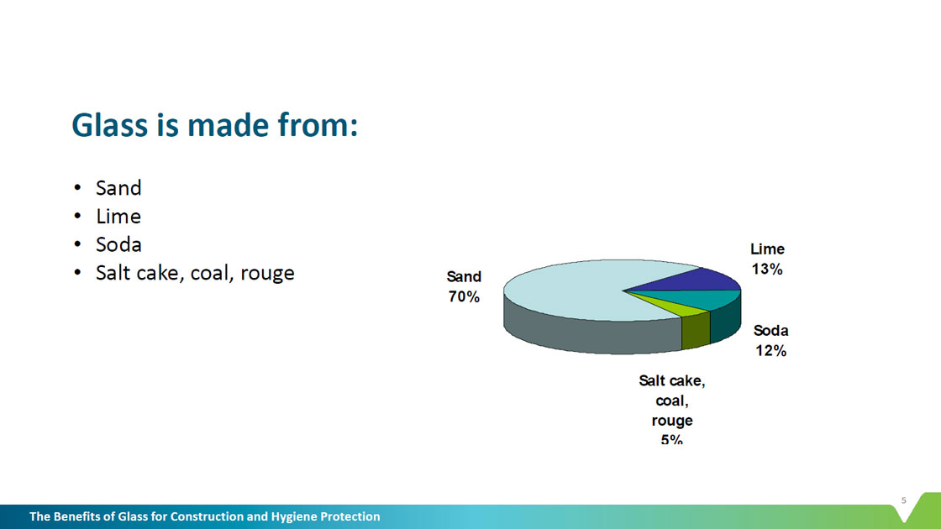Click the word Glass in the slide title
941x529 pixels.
110,125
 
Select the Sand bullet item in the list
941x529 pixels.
118,188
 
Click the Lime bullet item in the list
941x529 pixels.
118,217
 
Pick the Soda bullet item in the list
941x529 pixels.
118,244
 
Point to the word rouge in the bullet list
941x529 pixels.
267,274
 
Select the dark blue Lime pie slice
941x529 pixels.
690,280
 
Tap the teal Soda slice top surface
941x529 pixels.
702,299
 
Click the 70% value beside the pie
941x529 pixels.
464,297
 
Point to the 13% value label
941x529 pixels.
767,270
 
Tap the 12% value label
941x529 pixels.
770,351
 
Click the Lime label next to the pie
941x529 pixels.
768,249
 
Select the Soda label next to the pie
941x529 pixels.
770,331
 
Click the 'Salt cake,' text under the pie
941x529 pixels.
672,381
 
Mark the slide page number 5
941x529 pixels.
904,500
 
